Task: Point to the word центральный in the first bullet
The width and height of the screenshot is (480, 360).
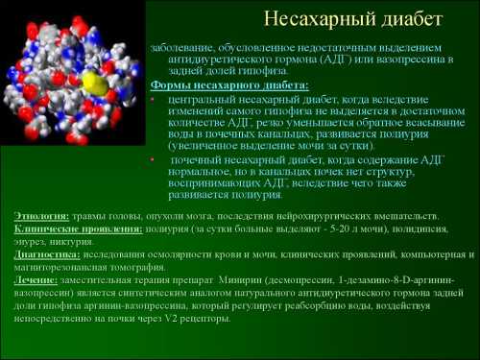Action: click(x=201, y=98)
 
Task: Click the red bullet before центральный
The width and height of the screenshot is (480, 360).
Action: click(x=155, y=98)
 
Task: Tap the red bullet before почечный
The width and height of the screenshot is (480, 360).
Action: click(x=155, y=156)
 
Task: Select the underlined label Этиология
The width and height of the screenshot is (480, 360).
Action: click(x=42, y=217)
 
